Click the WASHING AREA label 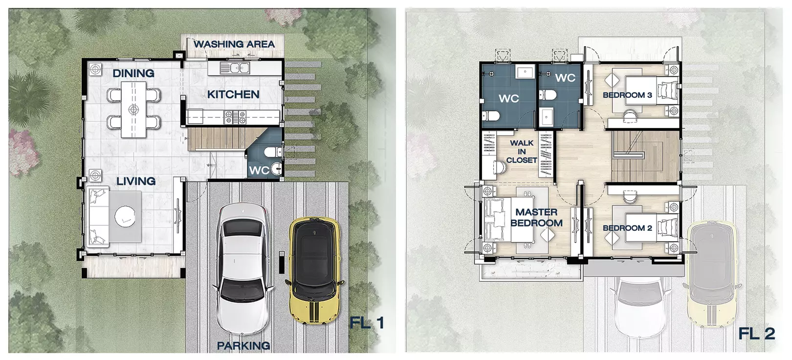tap(234, 44)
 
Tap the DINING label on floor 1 tap(133, 73)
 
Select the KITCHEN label tap(233, 94)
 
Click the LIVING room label tap(136, 181)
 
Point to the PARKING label tap(243, 345)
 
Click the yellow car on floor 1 tap(314, 270)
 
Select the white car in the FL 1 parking tap(243, 268)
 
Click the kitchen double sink tap(235, 67)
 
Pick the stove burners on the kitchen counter tap(235, 117)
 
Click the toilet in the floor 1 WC tap(273, 153)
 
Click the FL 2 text tap(756, 334)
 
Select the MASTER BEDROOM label tap(536, 218)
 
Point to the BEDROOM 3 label tap(627, 95)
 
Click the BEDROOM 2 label tap(627, 228)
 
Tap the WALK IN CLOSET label tap(522, 152)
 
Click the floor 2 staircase tap(645, 156)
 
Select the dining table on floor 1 tap(133, 110)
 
